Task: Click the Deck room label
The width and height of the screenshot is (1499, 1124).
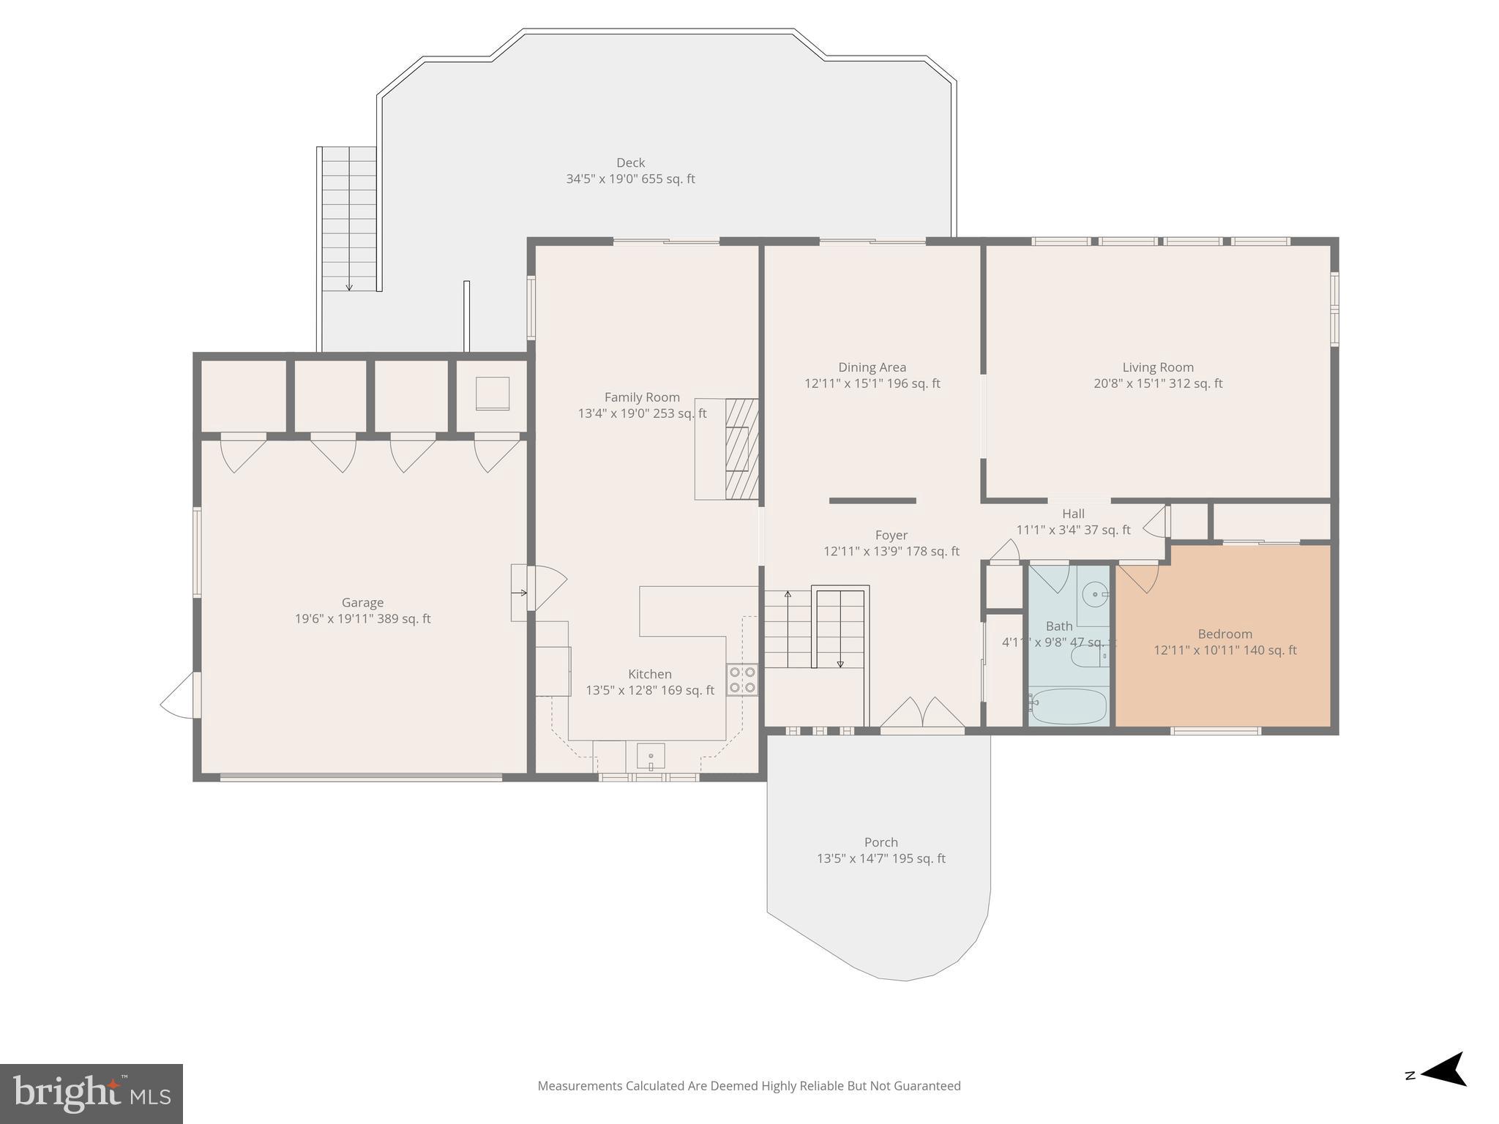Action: point(630,162)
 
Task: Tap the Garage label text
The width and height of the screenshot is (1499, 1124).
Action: point(362,602)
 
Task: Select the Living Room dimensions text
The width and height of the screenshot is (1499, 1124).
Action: point(1158,383)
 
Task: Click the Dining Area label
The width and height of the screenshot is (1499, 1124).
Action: point(872,367)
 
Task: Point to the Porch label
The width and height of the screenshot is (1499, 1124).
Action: point(881,842)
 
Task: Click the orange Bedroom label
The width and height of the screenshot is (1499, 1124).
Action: point(1225,634)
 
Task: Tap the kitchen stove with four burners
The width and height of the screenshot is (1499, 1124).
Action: point(741,679)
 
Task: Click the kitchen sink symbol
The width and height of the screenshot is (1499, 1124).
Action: point(650,755)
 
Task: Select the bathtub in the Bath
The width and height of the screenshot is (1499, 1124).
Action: point(1068,706)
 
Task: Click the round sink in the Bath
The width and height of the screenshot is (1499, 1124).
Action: point(1096,594)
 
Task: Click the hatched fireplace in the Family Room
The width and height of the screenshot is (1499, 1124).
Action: point(741,449)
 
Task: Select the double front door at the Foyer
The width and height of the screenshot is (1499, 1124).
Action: point(922,713)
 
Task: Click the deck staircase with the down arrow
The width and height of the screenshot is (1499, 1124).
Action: point(349,218)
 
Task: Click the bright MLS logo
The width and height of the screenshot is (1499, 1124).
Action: point(91,1094)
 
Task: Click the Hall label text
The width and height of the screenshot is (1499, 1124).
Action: point(1073,514)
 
